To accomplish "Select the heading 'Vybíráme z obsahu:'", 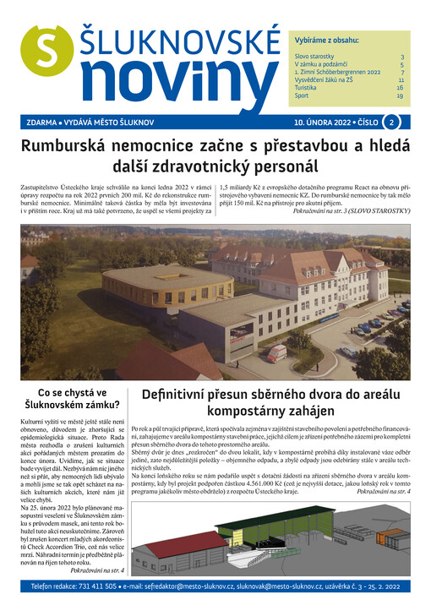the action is click(x=326, y=41).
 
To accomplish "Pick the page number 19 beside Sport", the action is click(x=400, y=95).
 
